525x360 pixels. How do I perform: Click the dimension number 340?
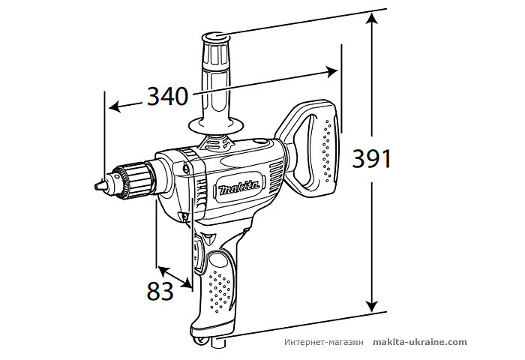tap(167, 97)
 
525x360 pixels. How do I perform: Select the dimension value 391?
tap(372, 158)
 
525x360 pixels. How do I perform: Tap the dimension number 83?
tap(160, 290)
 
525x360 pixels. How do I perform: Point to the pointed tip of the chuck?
tap(97, 184)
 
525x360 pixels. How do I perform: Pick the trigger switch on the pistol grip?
tap(199, 250)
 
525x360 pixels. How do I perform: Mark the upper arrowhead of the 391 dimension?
tap(371, 19)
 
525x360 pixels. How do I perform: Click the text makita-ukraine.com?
tap(419, 342)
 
